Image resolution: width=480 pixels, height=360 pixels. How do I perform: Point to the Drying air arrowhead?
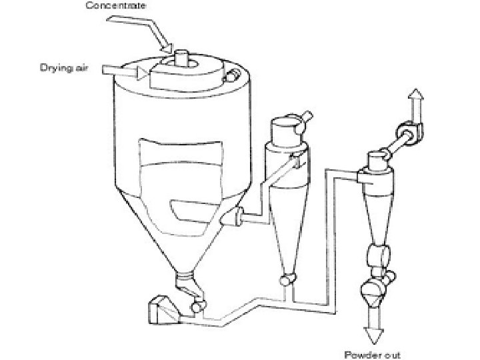[x=142, y=71]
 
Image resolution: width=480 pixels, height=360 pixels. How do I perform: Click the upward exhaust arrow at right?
[x=415, y=103]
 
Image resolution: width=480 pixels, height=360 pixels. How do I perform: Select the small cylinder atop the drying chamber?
[x=182, y=57]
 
